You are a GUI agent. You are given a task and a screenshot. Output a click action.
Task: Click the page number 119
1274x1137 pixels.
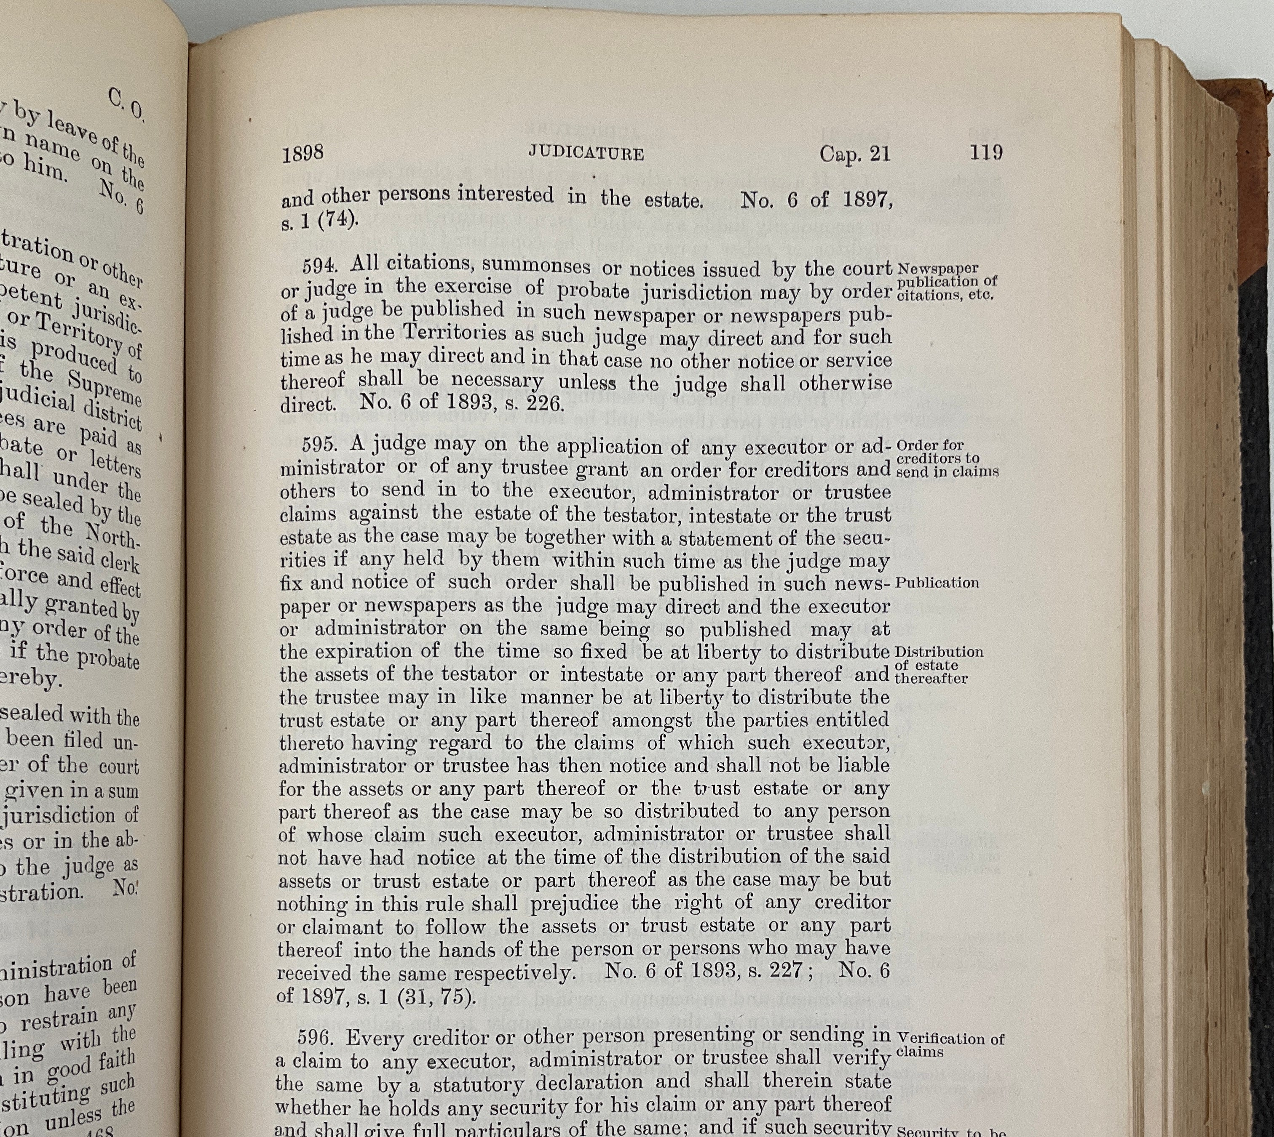point(986,152)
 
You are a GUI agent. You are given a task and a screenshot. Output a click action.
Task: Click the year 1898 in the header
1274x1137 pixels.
point(302,154)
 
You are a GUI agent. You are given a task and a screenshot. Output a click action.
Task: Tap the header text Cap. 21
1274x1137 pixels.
point(854,154)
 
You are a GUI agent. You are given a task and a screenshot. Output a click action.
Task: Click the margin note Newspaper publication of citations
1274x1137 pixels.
point(946,282)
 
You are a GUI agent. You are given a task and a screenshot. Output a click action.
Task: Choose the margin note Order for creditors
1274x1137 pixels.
point(946,458)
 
